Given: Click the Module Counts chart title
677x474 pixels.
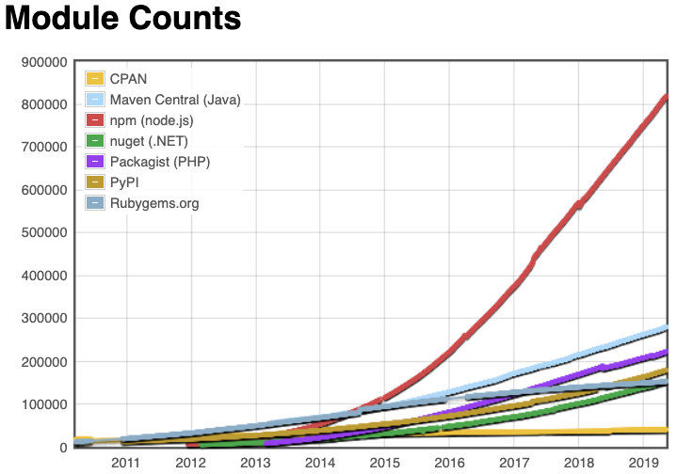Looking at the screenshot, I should tap(123, 20).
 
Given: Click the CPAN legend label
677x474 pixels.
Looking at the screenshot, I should tap(129, 78).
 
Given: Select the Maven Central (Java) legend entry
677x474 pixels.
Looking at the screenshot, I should tap(175, 99).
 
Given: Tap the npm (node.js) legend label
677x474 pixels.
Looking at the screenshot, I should tap(157, 119).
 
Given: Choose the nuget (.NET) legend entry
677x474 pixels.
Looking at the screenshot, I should tap(155, 140).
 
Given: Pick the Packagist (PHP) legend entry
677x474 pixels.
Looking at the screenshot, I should tap(160, 161).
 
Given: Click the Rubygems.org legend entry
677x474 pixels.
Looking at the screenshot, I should tap(154, 202).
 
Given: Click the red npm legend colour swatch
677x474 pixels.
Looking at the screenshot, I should tap(94, 119).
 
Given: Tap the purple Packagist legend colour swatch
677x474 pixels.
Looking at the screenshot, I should tap(94, 161).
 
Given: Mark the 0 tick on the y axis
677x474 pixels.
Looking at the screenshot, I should tap(62, 448).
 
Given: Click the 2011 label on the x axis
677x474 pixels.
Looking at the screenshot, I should tap(126, 463).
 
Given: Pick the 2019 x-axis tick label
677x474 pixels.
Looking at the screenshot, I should tap(643, 463).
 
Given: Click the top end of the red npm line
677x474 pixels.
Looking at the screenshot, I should tap(666, 96).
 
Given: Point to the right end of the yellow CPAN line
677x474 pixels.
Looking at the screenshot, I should tap(666, 430).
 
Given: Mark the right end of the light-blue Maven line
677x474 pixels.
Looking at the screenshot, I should tap(666, 327).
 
